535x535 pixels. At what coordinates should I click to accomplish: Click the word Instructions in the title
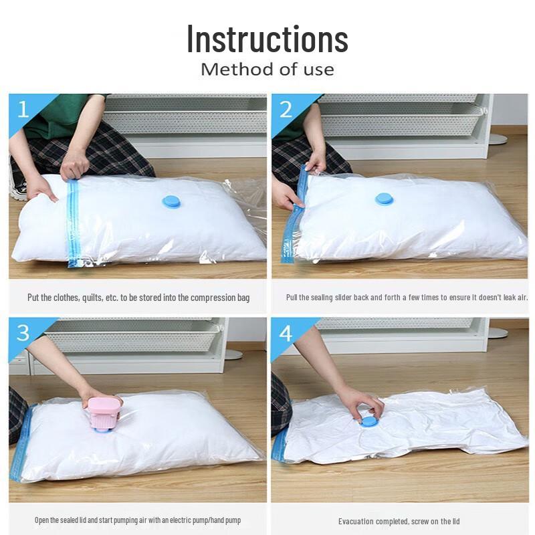[x=267, y=38]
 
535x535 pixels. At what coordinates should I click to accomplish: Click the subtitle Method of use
[x=267, y=69]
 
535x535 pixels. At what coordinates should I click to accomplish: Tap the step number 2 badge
[x=286, y=108]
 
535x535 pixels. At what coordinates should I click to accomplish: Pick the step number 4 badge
[x=286, y=332]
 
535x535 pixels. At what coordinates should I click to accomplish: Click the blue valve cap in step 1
[x=172, y=201]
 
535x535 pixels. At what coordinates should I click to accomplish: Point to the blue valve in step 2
[x=384, y=198]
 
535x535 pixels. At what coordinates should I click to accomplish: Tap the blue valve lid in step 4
[x=368, y=421]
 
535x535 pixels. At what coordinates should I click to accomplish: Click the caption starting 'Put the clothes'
[x=138, y=297]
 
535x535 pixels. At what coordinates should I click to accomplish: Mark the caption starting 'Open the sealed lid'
[x=138, y=520]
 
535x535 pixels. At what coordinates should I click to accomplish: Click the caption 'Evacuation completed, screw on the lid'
[x=399, y=521]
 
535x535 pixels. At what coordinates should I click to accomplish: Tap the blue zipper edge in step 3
[x=20, y=441]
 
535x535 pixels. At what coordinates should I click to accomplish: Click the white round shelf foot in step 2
[x=497, y=138]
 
